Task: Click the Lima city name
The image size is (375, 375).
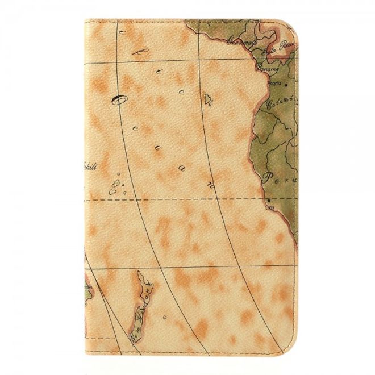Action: tap(270, 207)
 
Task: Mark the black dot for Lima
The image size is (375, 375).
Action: tap(268, 201)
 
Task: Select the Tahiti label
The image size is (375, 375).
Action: tap(89, 166)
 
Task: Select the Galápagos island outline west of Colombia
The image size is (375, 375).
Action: tap(209, 101)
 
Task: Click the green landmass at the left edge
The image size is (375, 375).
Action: tap(89, 290)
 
